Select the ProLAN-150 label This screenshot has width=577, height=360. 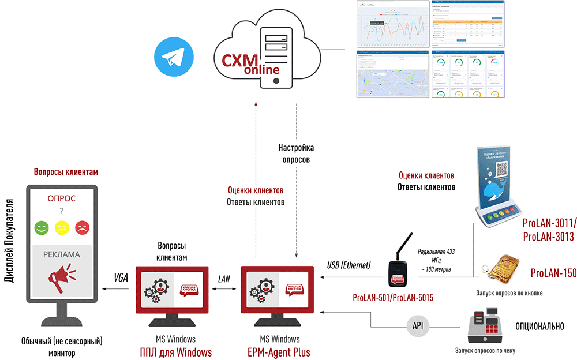[553, 273]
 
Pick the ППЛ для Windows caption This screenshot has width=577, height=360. [176, 352]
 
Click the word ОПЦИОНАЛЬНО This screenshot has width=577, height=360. [539, 327]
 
